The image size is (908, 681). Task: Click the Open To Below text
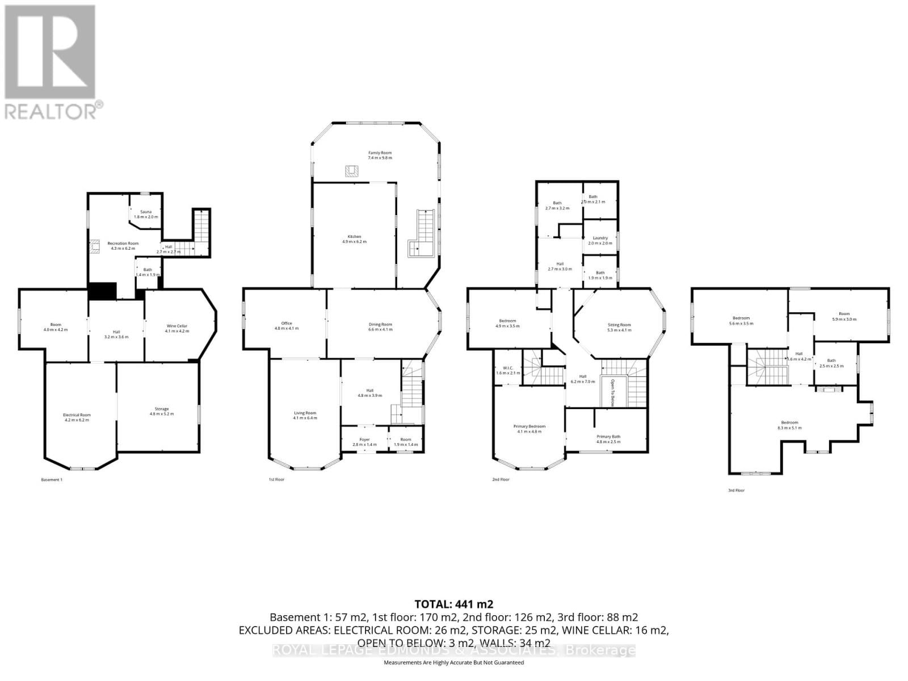[x=613, y=391]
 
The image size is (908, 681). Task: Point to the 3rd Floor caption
[x=736, y=490]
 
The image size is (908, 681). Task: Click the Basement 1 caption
[x=52, y=480]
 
